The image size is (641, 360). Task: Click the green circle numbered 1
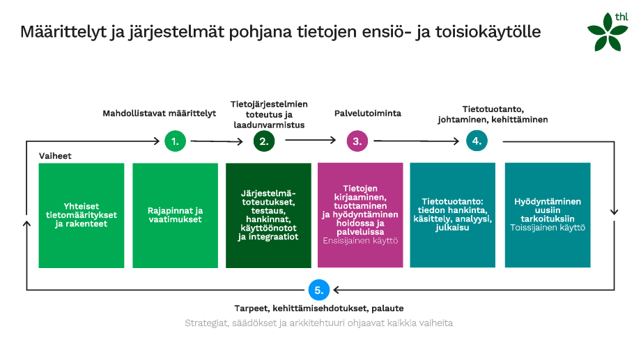(175, 141)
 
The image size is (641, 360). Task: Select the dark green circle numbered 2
(263, 141)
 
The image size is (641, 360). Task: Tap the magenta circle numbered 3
(357, 141)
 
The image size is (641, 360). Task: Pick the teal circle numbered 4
(477, 141)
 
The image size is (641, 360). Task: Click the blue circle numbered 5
(318, 290)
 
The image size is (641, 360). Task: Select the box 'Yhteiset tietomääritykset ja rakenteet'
(82, 214)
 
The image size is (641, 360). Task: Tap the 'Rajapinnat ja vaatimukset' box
(175, 214)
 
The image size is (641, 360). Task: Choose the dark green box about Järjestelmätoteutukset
(268, 214)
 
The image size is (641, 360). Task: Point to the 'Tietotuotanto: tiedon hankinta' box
(453, 214)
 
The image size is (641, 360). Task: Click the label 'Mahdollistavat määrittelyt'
(160, 113)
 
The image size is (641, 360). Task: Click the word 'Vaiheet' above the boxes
(55, 157)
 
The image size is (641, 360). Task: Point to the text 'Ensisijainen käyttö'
(360, 241)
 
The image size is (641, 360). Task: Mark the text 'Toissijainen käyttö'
(547, 228)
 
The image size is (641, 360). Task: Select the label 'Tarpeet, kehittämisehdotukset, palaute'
(318, 308)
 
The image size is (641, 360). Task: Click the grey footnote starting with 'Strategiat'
(318, 323)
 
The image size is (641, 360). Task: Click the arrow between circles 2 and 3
(310, 141)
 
